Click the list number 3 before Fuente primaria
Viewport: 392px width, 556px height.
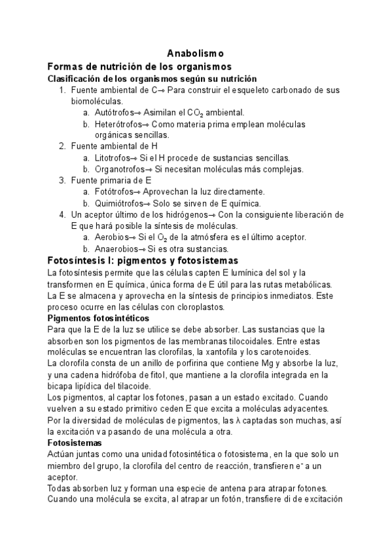coord(62,180)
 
